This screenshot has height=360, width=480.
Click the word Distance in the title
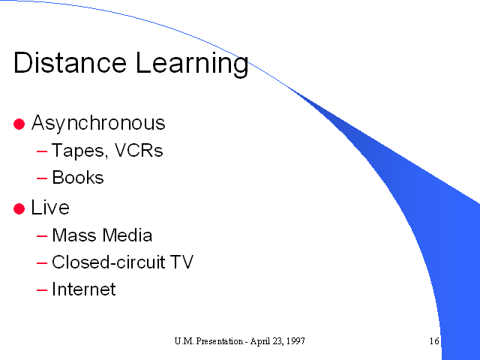pos(70,62)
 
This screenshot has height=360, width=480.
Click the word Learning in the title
pos(192,64)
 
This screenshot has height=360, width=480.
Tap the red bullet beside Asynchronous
pos(19,124)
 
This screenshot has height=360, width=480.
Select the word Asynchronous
pos(98,123)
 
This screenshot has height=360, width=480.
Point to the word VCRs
pos(139,150)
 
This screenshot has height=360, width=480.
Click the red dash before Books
pos(42,178)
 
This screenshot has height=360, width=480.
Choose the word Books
pos(78,177)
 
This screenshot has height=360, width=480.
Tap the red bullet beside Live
pos(19,208)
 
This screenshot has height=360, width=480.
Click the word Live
pos(50,207)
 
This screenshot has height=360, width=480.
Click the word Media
pos(127,235)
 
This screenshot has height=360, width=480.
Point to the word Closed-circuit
pos(109,262)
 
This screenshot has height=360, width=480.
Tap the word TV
pos(181,262)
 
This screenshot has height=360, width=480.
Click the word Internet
pos(84,289)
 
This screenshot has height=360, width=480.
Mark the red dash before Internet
pos(42,289)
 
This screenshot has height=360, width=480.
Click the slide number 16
pos(434,340)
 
